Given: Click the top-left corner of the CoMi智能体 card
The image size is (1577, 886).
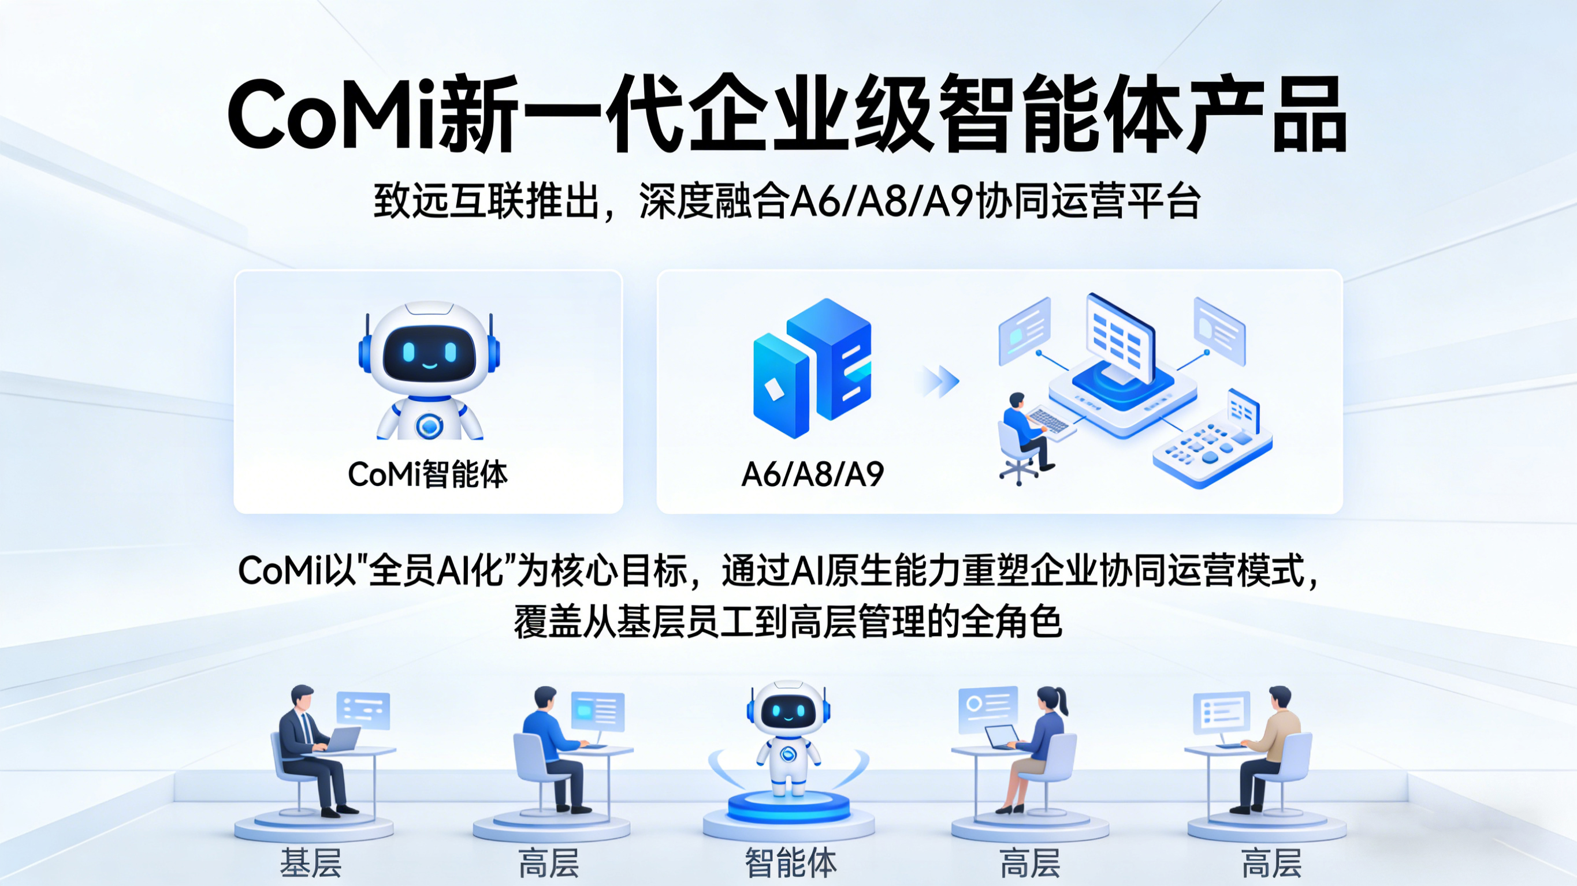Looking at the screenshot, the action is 235,271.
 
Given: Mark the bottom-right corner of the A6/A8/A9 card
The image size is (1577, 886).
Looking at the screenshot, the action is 1342,513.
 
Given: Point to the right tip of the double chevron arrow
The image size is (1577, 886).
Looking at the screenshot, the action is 959,382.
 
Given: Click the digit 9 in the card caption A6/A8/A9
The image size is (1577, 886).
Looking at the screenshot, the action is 872,474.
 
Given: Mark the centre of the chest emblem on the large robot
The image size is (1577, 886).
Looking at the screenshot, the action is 429,425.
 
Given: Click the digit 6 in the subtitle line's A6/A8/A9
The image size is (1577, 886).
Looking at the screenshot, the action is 829,201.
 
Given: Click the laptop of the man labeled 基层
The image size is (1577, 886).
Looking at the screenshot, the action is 344,739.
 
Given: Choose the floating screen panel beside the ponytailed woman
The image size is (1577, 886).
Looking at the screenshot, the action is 987,709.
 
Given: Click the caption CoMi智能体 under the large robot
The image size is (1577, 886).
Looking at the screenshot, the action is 428,474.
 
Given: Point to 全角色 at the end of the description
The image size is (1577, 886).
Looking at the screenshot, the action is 1011,622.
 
